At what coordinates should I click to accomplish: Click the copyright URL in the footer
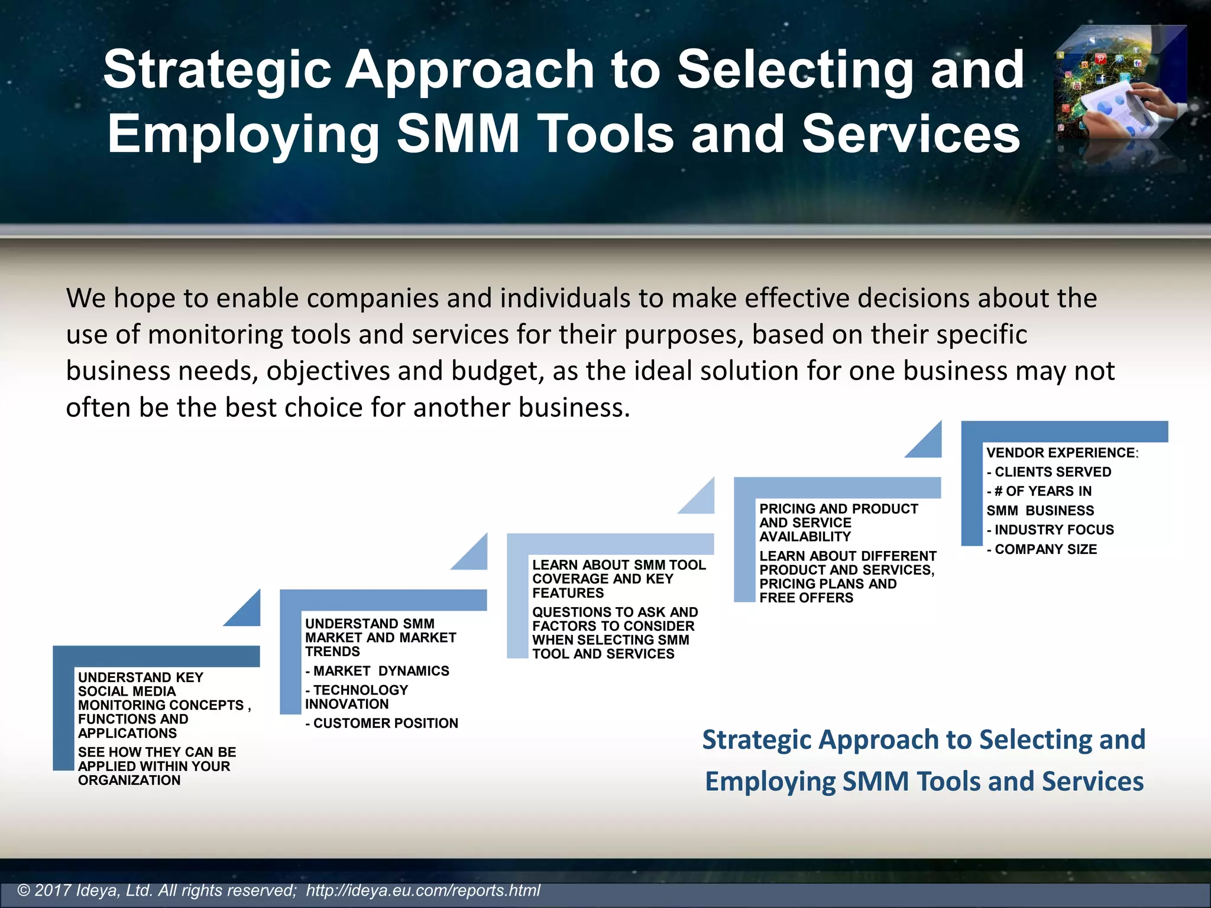[423, 890]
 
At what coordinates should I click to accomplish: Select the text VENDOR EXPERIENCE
[1060, 453]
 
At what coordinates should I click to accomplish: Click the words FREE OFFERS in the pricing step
[806, 598]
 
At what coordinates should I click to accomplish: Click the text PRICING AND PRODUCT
[838, 509]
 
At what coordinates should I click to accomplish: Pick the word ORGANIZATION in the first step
[129, 780]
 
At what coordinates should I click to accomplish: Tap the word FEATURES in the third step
[568, 593]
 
